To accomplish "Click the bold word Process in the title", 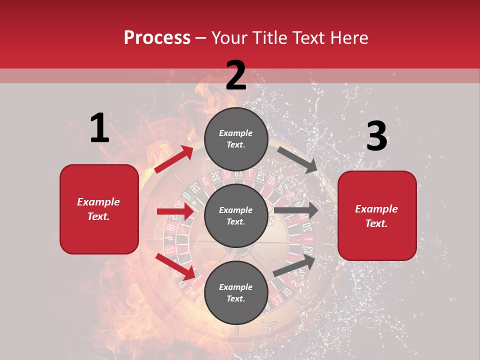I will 157,37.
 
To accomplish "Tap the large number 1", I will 99,128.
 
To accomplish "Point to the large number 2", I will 236,76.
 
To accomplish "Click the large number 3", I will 376,136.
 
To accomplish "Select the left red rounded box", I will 99,209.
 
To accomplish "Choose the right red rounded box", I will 377,215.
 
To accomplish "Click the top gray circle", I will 236,139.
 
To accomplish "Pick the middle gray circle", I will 236,215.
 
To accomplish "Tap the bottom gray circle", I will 236,292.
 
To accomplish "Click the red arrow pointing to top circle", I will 174,159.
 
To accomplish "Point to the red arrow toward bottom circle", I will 175,266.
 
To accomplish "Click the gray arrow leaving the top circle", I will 297,159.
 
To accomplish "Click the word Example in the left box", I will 98,202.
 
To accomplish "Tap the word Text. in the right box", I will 376,223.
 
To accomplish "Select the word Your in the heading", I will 228,37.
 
